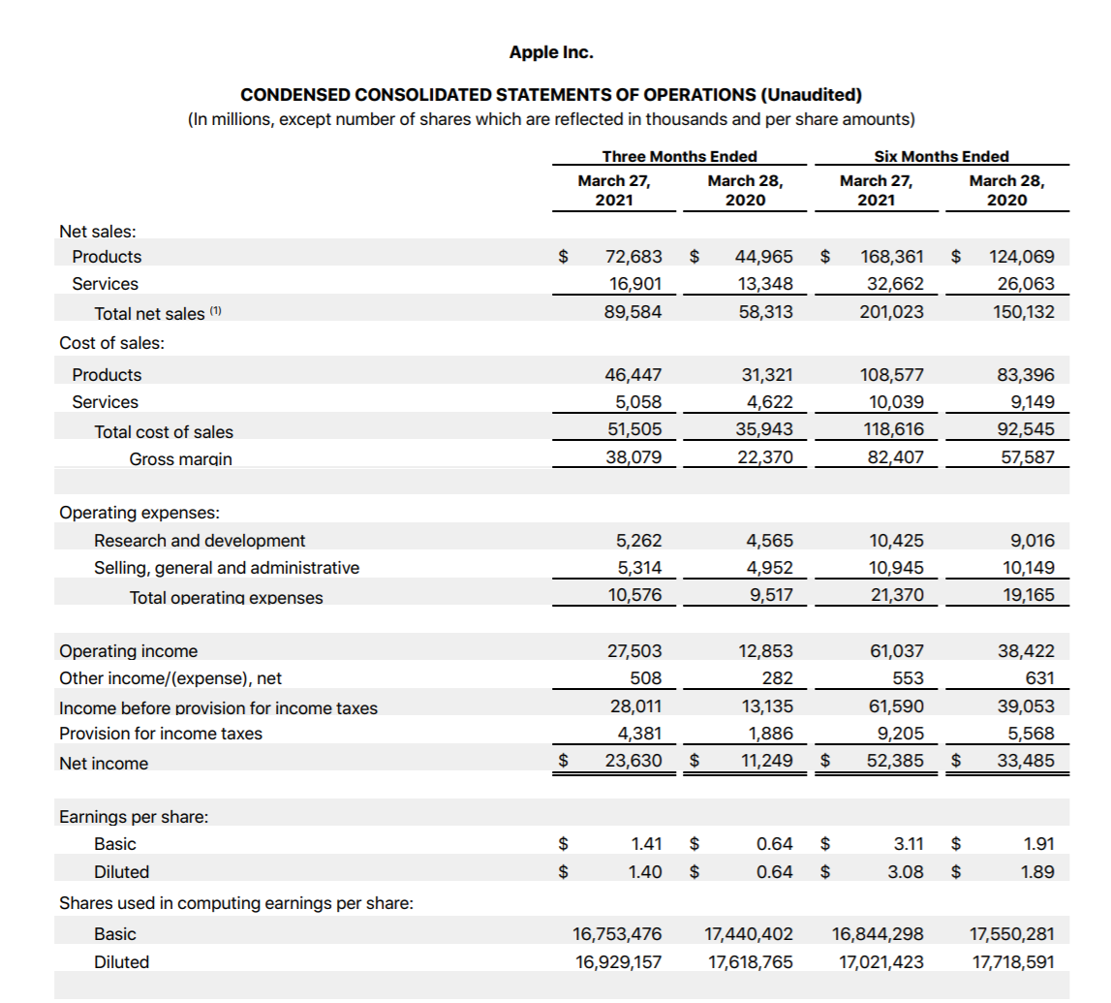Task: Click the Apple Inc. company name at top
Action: (551, 52)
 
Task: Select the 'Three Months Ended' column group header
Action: (679, 156)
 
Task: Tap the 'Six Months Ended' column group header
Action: (941, 156)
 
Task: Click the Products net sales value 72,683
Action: (633, 257)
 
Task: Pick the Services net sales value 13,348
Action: (764, 284)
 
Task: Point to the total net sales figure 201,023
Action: (891, 312)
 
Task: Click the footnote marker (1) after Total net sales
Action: (216, 311)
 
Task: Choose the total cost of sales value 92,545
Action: (1025, 429)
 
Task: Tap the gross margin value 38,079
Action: (633, 456)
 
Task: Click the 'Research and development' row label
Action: (199, 541)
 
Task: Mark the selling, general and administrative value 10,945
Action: (897, 568)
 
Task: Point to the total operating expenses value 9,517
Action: (772, 595)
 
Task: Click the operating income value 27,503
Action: (633, 651)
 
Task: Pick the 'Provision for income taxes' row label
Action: (161, 734)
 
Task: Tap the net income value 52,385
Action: (895, 762)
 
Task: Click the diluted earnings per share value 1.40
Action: (645, 872)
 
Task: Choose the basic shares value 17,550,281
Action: (1012, 934)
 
